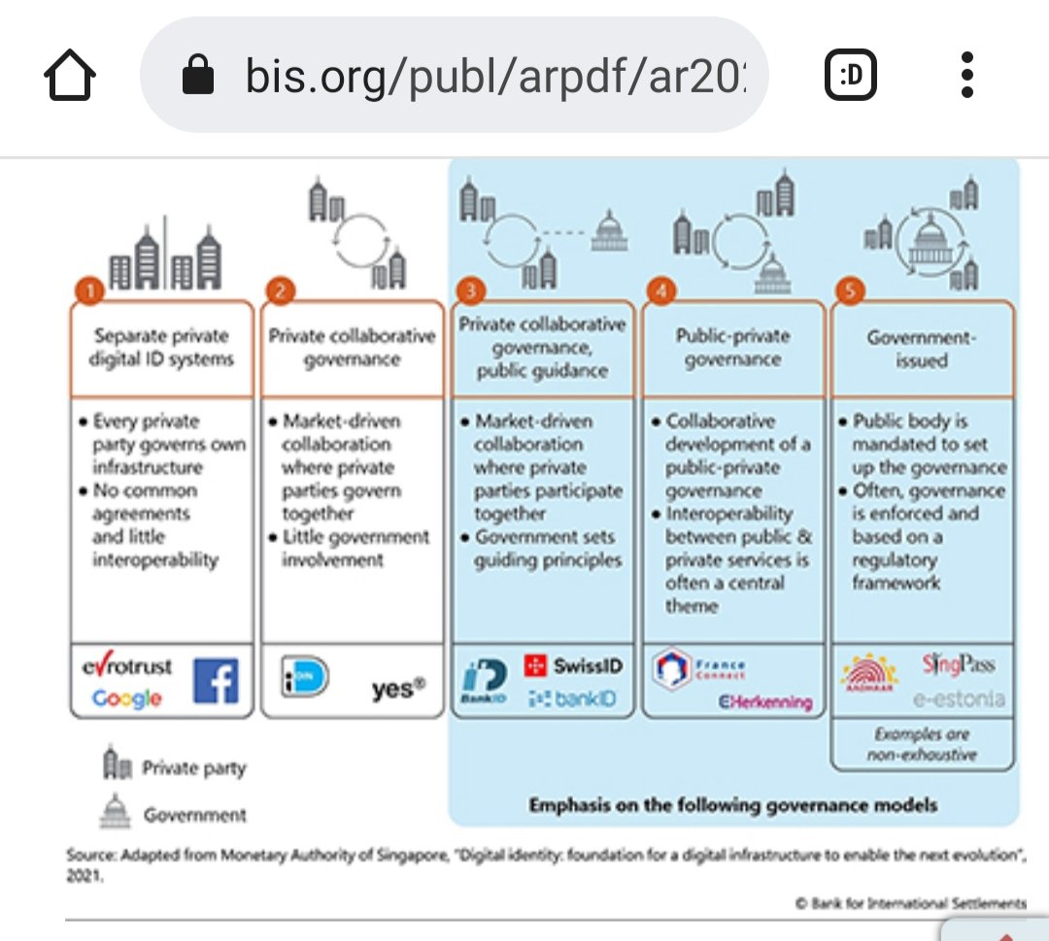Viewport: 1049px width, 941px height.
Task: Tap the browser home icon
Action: pyautogui.click(x=70, y=76)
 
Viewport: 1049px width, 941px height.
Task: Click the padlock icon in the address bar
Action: pyautogui.click(x=198, y=76)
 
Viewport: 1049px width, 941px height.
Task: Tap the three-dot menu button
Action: pyautogui.click(x=965, y=76)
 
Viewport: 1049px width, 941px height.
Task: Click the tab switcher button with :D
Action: pyautogui.click(x=851, y=76)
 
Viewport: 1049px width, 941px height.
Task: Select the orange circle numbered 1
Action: pyautogui.click(x=89, y=291)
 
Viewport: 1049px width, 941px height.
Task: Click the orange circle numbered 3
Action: pyautogui.click(x=471, y=291)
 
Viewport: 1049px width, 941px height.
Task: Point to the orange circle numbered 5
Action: pyautogui.click(x=850, y=291)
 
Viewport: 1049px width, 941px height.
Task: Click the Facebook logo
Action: pyautogui.click(x=216, y=680)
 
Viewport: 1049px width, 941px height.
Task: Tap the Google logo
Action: pyautogui.click(x=127, y=698)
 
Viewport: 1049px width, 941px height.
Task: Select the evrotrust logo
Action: pyautogui.click(x=127, y=667)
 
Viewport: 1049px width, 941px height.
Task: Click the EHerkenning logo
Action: pyautogui.click(x=765, y=701)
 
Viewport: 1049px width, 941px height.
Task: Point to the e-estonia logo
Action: pyautogui.click(x=958, y=698)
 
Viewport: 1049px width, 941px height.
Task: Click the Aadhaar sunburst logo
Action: pyautogui.click(x=868, y=674)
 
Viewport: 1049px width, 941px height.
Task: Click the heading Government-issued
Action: pyautogui.click(x=921, y=349)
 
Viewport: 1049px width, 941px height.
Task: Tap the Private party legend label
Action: pyautogui.click(x=193, y=768)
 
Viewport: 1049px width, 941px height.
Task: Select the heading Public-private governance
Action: pyautogui.click(x=732, y=348)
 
